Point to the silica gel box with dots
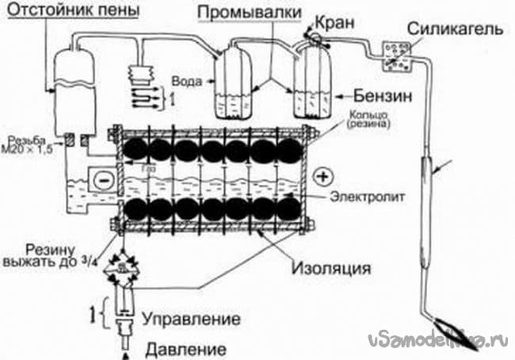[396, 53]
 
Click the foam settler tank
[72, 87]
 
